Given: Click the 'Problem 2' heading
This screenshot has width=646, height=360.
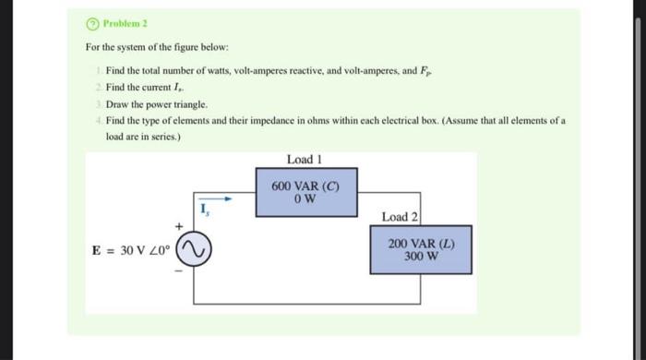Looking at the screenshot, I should tap(114, 24).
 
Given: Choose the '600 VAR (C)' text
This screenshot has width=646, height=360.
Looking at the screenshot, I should tap(305, 185).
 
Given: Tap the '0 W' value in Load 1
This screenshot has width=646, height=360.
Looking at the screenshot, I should tap(305, 197).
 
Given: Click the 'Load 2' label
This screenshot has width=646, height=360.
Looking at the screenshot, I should tap(400, 216).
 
